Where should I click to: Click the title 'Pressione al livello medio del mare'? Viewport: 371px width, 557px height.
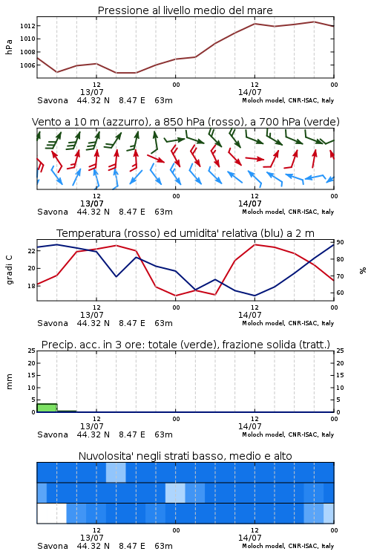pos(185,10)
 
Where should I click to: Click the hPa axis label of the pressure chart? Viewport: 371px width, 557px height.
pos(9,47)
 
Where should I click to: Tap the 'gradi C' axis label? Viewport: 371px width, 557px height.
pos(9,270)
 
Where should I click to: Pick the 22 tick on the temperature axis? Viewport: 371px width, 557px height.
pos(31,251)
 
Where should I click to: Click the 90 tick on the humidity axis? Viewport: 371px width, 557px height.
pos(340,242)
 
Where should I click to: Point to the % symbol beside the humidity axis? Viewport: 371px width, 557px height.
pos(363,270)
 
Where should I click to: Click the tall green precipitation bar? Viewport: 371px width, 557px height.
pos(47,408)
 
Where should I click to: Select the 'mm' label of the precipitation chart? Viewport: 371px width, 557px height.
pos(9,381)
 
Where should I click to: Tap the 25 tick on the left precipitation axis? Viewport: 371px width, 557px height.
pos(31,351)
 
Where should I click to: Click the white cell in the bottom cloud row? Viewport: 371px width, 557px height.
pos(52,513)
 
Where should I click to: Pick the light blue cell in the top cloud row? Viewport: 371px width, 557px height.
pos(116,472)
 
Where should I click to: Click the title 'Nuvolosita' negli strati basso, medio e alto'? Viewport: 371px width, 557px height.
pos(185,456)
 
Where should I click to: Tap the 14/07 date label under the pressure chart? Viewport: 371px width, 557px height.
pos(249,92)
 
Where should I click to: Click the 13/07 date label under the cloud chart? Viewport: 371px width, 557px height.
pos(91,538)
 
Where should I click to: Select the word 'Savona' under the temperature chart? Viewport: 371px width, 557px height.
pos(53,323)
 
